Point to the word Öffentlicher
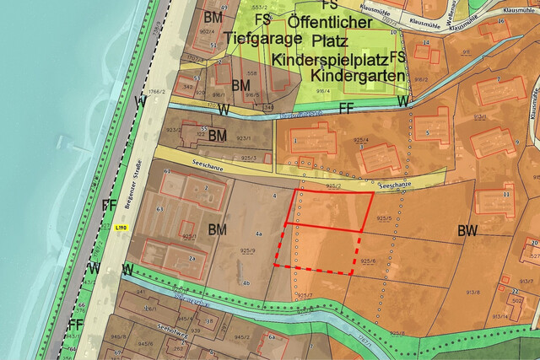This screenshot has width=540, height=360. (x=329, y=21)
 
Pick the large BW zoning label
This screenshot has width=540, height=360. (x=468, y=230)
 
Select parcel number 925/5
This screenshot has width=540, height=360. (x=385, y=218)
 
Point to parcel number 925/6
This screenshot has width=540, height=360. (x=368, y=261)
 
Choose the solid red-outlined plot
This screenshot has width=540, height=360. (x=330, y=210)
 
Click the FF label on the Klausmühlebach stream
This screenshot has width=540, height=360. (x=346, y=108)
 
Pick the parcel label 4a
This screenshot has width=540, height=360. (x=260, y=232)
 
